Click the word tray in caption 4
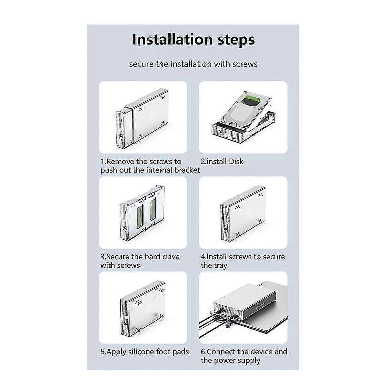point(220,265)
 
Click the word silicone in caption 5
point(141,352)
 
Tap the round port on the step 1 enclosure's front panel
point(121,136)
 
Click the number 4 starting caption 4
point(203,257)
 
